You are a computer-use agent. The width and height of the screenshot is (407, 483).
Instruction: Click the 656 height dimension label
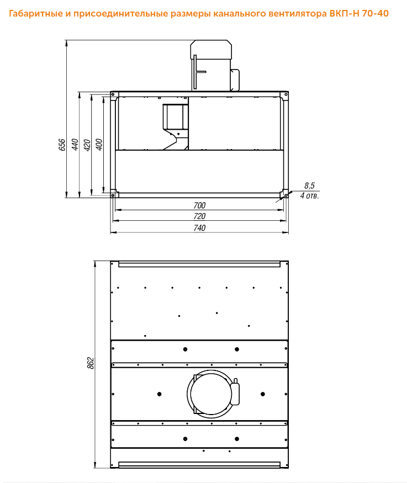(62, 145)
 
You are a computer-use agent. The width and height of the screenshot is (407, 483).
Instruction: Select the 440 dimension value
(75, 145)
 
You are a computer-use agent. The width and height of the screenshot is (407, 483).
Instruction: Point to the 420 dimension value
(87, 145)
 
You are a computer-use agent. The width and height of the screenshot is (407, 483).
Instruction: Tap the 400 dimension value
(99, 145)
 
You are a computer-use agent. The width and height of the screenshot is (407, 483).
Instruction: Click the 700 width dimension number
(199, 205)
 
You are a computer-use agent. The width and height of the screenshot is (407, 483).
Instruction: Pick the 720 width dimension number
(199, 216)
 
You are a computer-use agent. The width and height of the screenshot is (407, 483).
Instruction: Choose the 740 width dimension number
(199, 227)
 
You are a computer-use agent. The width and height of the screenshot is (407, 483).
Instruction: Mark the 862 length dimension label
(90, 363)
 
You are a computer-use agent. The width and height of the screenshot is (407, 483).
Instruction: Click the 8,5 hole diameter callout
(309, 185)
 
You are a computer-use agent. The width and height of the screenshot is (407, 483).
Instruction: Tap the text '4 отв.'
(310, 195)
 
